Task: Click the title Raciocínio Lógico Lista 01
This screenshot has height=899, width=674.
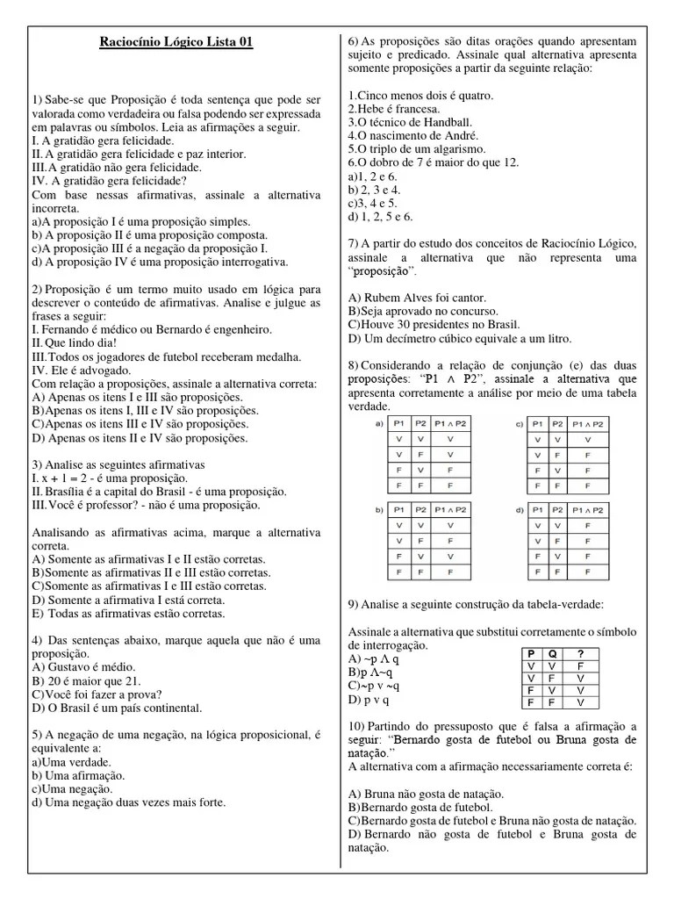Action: click(x=176, y=42)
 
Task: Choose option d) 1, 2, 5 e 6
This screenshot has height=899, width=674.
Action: click(x=380, y=216)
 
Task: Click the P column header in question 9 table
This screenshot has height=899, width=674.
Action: click(x=530, y=653)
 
